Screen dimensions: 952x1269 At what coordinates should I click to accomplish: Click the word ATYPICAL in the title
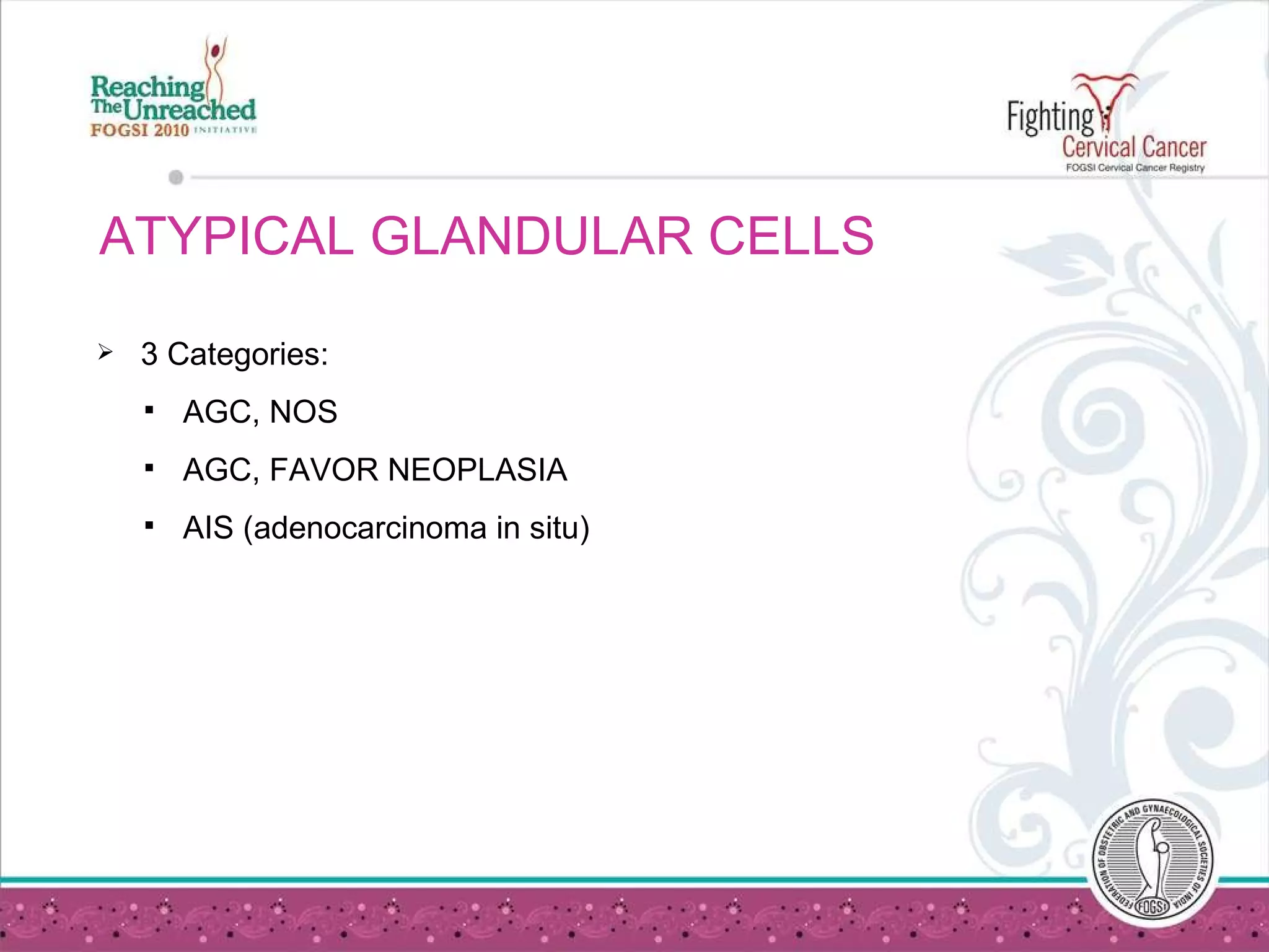226,236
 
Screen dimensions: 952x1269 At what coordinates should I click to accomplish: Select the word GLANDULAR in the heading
532,236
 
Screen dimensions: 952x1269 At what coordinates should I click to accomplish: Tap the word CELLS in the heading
791,236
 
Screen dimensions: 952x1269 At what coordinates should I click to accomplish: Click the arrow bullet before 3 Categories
105,353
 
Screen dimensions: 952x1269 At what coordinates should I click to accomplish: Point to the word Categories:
247,355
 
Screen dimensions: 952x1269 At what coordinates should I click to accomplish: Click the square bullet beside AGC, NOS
149,410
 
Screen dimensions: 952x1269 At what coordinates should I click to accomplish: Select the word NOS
303,412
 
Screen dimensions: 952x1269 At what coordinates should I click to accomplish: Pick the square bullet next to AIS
149,526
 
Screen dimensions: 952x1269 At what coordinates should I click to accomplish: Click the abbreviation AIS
208,528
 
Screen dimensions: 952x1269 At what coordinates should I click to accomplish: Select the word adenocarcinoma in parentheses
370,528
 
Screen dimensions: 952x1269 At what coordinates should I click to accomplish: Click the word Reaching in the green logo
147,87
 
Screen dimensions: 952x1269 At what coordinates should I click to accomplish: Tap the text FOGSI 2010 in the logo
139,130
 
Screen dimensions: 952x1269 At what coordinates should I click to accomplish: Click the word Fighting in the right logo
1050,118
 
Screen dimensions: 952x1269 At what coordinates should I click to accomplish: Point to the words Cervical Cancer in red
1134,148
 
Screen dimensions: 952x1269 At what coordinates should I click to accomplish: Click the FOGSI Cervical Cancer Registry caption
1135,168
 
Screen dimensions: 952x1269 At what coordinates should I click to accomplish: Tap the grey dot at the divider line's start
176,178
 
